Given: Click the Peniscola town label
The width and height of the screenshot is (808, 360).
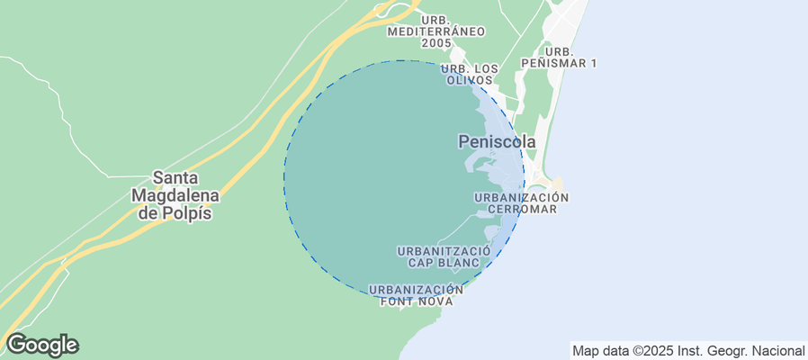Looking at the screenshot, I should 497,142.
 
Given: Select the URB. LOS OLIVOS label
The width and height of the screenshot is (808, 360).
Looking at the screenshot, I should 470,75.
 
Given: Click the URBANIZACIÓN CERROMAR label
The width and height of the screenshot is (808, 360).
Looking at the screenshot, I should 522,202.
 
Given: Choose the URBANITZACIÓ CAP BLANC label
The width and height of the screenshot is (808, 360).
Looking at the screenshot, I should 444,256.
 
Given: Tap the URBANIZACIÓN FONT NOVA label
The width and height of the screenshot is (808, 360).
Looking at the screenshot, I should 416,296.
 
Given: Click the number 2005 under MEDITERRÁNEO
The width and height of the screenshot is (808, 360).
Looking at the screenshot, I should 436,43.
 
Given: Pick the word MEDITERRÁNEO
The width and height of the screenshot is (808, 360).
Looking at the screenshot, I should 436,31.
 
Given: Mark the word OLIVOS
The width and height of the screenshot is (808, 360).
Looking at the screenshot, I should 470,81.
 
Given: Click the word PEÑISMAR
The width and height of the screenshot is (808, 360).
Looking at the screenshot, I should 559,63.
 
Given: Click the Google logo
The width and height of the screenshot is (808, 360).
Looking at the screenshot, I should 41,345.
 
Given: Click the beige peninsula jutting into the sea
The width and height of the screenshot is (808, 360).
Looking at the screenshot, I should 556,186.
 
